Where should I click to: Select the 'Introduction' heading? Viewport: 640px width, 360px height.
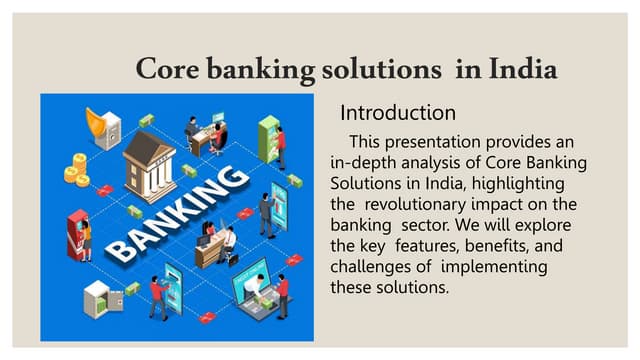coord(398,111)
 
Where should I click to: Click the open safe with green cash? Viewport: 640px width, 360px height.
coord(97,294)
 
